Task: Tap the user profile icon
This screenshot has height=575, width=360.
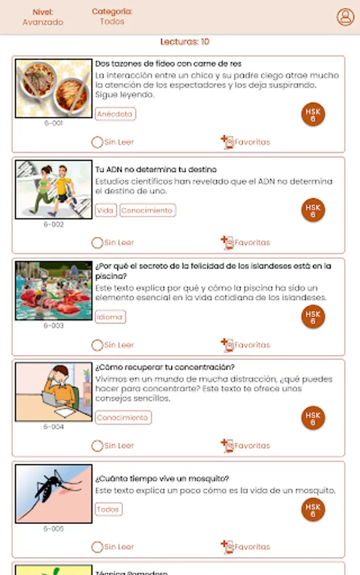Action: pos(345,17)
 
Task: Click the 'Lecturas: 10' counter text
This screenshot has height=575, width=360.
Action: pos(185,42)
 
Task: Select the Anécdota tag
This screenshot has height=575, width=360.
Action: pos(115,114)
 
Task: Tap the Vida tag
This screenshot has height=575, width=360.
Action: pos(106,210)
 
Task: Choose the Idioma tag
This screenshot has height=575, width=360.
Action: pos(110,317)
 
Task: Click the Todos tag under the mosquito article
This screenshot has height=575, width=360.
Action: pos(109,509)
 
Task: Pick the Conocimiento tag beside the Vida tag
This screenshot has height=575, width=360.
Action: pos(148,210)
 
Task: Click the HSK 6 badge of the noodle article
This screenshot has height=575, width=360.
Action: pos(313,114)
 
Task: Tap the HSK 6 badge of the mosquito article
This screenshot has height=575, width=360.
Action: pos(313,509)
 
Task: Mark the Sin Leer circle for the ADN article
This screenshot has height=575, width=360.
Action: pos(97,243)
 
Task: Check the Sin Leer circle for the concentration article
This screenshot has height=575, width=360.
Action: pos(97,446)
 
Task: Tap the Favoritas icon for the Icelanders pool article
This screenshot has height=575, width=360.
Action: pos(227,345)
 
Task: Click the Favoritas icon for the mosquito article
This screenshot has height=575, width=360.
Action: pos(227,546)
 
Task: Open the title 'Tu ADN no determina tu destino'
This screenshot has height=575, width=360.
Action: pos(156,169)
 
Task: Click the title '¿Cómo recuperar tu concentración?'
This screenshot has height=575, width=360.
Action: pos(165,367)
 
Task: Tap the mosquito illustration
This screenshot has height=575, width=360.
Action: pos(54,494)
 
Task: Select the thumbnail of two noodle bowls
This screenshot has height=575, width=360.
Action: pos(54,88)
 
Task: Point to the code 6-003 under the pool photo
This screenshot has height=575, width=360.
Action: pos(54,325)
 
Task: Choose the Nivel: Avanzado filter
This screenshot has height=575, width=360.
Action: pos(43,17)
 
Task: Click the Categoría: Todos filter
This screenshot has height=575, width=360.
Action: pos(112,17)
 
